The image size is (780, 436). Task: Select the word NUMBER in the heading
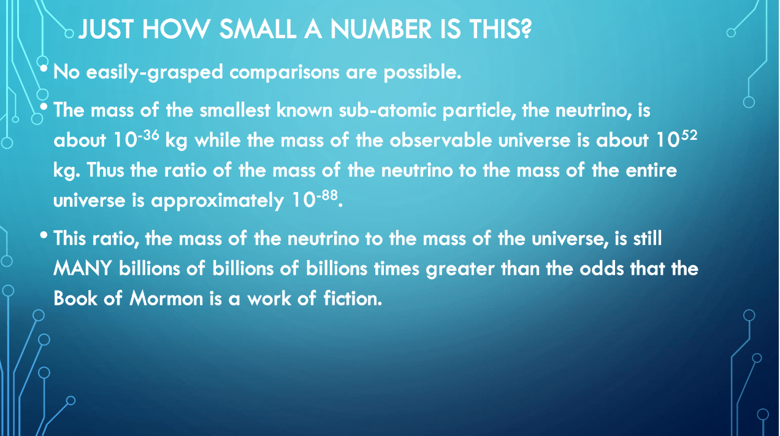click(381, 29)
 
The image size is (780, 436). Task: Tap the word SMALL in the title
click(258, 29)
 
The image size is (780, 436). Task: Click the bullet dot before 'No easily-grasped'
click(44, 68)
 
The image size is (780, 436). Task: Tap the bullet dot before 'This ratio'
click(44, 235)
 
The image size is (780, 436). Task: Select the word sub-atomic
click(387, 110)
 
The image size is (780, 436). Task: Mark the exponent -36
click(148, 135)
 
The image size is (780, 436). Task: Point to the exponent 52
click(689, 135)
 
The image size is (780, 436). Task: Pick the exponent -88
click(327, 195)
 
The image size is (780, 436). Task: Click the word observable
click(440, 140)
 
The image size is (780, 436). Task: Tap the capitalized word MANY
click(83, 269)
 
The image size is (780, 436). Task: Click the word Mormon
click(166, 299)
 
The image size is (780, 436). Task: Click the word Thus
click(105, 170)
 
